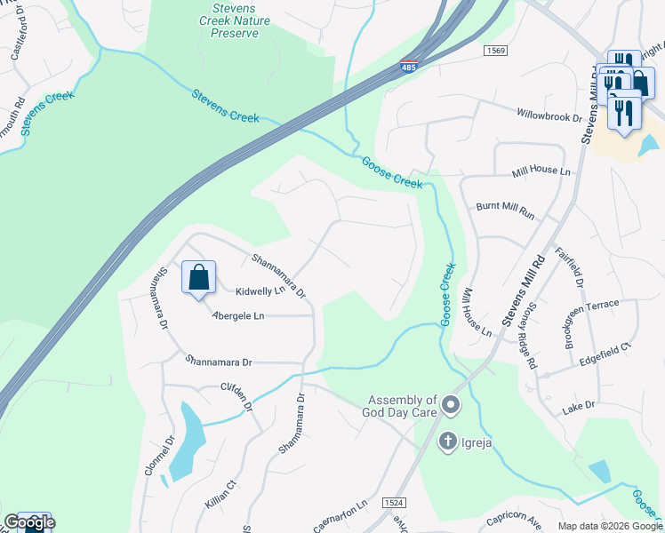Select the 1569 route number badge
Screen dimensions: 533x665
(496, 52)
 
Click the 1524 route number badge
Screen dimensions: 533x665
(395, 503)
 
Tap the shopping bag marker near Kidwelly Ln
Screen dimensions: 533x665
(198, 278)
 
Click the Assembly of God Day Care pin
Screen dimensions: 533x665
(451, 407)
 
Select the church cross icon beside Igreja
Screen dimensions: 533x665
(449, 440)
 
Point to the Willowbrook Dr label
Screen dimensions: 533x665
(549, 115)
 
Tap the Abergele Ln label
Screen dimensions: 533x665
(237, 315)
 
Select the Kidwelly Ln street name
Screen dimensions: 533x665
(260, 290)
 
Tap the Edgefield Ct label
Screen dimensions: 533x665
(604, 351)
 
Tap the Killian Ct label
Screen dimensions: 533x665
(218, 494)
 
